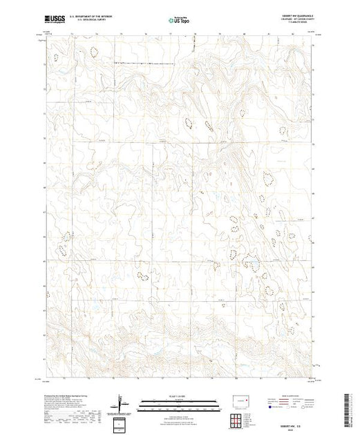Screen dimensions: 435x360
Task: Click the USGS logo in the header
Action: [x=54, y=19]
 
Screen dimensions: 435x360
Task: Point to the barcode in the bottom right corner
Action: [x=348, y=412]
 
